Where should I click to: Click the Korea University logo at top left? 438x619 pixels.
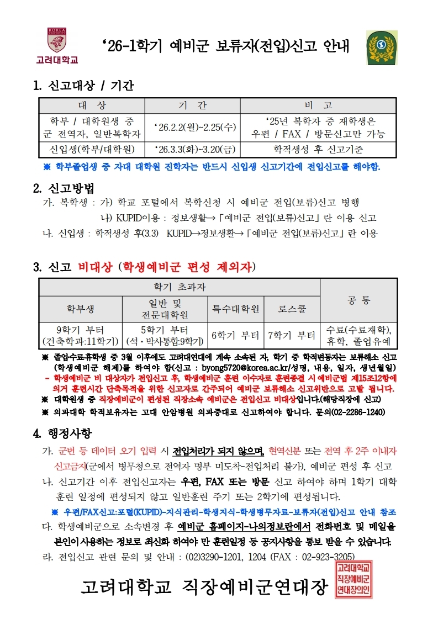pyautogui.click(x=57, y=45)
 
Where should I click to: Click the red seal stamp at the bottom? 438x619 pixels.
pyautogui.click(x=353, y=579)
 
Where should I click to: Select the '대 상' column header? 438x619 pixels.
pyautogui.click(x=91, y=105)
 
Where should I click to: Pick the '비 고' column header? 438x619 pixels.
pyautogui.click(x=318, y=105)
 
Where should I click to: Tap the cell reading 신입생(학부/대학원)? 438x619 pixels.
pyautogui.click(x=91, y=149)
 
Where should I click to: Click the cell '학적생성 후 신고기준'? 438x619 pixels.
pyautogui.click(x=318, y=149)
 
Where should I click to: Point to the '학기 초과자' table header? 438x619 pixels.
pyautogui.click(x=180, y=287)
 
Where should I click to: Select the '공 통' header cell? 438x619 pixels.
pyautogui.click(x=358, y=300)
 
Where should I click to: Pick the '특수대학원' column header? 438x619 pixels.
pyautogui.click(x=236, y=309)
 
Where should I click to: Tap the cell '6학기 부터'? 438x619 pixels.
pyautogui.click(x=236, y=335)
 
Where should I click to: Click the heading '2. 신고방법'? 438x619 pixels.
pyautogui.click(x=64, y=188)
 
